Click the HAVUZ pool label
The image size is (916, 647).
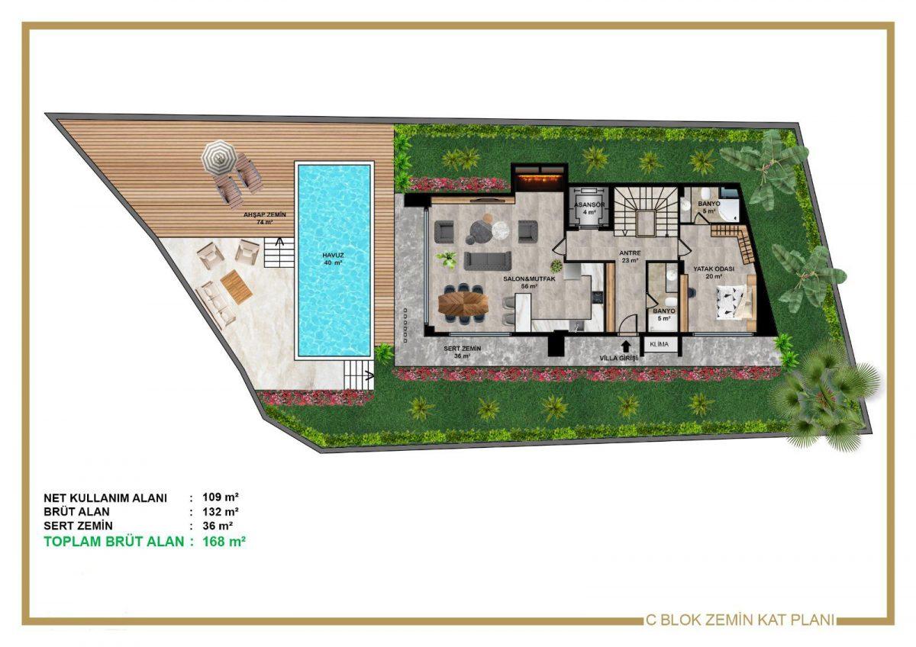click(x=333, y=255)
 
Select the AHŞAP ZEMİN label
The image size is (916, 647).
click(x=265, y=214)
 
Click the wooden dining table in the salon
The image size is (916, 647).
click(x=463, y=304)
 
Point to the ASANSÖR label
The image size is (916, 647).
click(x=589, y=204)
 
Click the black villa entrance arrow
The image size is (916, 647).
click(x=625, y=346)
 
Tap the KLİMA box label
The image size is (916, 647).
click(x=660, y=344)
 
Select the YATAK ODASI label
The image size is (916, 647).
click(x=714, y=269)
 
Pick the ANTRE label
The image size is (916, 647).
click(x=630, y=253)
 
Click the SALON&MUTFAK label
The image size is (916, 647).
click(x=529, y=278)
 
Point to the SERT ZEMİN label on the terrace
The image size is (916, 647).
click(x=462, y=349)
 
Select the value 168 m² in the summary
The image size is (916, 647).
click(x=224, y=542)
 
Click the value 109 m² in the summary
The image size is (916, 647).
click(x=221, y=497)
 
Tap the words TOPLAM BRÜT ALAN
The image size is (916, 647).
click(x=114, y=542)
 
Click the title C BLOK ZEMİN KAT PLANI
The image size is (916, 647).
click(x=740, y=620)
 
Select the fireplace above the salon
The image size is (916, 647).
click(x=540, y=179)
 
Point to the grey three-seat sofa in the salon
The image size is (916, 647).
click(x=488, y=261)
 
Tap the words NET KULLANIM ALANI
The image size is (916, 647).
click(x=105, y=498)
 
